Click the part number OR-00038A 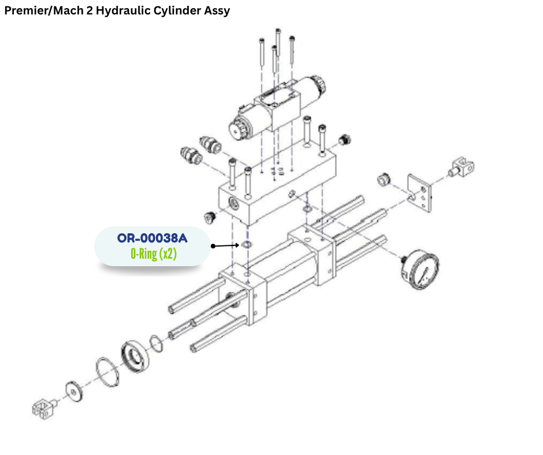153,238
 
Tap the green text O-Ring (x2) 154,254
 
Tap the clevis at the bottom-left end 44,409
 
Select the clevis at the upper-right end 462,167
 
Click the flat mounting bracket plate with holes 420,193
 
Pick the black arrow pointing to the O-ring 225,246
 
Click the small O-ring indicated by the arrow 246,245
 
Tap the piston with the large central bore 135,357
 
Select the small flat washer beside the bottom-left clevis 74,391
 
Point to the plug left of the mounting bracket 384,178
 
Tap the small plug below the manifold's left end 210,217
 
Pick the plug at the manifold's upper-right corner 344,140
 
